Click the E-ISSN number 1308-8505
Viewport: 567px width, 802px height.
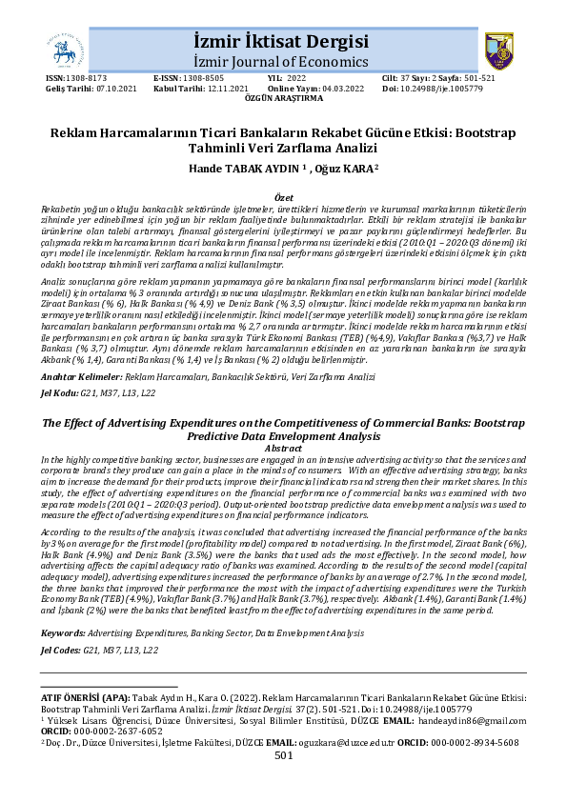pos(202,78)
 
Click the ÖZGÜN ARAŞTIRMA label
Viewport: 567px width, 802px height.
pos(283,97)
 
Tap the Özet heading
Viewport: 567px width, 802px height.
pos(283,194)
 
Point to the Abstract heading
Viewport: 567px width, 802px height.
pos(283,448)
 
